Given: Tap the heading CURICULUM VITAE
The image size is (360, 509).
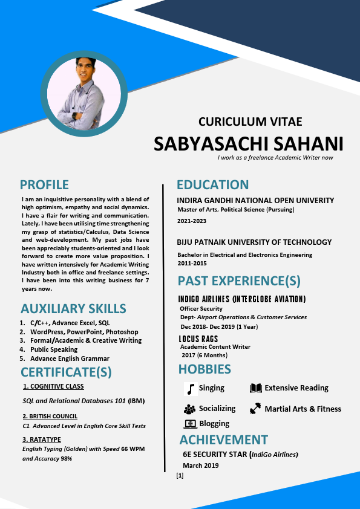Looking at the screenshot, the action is (250, 122).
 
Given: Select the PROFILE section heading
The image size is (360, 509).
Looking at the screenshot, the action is (44, 184).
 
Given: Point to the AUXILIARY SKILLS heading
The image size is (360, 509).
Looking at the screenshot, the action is (73, 308).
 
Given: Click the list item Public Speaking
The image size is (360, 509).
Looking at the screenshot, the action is (54, 349).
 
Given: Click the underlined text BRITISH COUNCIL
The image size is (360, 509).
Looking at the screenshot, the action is (53, 416).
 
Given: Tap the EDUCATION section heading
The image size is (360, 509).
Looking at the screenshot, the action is (212, 184).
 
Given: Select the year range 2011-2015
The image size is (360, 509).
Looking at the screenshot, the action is (192, 264).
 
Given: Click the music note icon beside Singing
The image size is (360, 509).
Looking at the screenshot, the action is (190, 388).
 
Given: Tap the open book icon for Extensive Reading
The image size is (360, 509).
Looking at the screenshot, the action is (256, 388).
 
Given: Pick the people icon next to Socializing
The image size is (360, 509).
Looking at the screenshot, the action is (189, 409).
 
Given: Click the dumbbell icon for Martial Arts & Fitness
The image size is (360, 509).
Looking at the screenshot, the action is (255, 409).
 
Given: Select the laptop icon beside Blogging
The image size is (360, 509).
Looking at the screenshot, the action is (189, 424).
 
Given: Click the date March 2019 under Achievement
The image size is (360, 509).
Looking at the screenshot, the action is (201, 465).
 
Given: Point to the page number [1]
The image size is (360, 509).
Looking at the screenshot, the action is (180, 476).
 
